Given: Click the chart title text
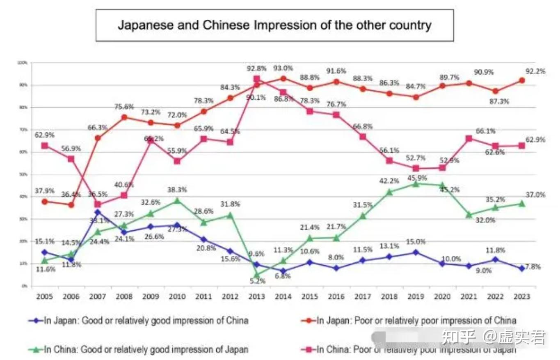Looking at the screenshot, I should coord(274,25).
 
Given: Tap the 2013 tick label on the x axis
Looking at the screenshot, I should coord(257,296).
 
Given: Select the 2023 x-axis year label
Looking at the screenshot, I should coord(521,296).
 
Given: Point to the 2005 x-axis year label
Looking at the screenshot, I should coord(45,296).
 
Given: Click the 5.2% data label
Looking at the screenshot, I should coord(257,281).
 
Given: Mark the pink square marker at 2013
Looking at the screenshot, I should coord(256,79).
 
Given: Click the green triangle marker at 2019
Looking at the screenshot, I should coord(416,184).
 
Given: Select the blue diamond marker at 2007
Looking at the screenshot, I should coord(98,212).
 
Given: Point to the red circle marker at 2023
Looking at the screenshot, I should coord(521,80).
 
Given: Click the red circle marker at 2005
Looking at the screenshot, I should coord(45,202).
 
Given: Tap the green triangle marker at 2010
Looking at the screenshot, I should coord(177,200).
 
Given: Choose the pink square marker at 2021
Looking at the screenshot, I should coord(469,138).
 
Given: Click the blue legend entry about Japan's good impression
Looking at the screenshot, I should coord(138,321).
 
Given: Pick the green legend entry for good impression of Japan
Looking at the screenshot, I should coord(138,350).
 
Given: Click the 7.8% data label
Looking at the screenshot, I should coord(533,267).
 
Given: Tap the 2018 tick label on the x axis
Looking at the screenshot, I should coord(389,296).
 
